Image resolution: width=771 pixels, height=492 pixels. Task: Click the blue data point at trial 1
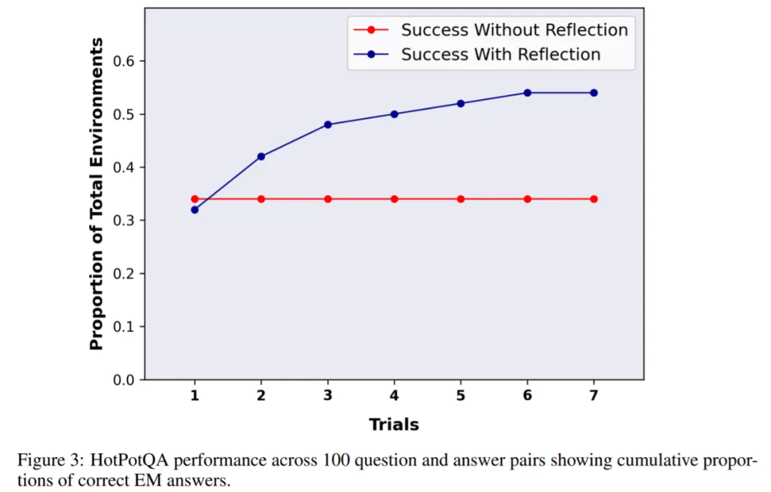coord(194,210)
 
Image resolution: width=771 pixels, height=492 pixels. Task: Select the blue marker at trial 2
coord(261,156)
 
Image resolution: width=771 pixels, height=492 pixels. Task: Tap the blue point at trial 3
coord(328,125)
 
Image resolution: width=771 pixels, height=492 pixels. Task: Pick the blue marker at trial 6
coord(528,93)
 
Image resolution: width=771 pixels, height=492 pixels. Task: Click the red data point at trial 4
coord(394,199)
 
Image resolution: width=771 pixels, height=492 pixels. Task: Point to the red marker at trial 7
coord(594,199)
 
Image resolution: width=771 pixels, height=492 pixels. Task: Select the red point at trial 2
coord(261,199)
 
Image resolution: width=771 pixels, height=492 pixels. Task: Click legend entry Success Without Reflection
coord(514,30)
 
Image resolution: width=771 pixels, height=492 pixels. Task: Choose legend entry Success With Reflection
coord(500,54)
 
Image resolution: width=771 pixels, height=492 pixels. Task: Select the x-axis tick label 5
coord(460,396)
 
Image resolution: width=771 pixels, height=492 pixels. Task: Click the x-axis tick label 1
coord(194,396)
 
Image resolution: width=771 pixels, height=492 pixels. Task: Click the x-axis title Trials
coord(394,425)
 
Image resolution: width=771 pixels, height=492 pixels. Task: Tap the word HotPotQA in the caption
coord(122,461)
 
